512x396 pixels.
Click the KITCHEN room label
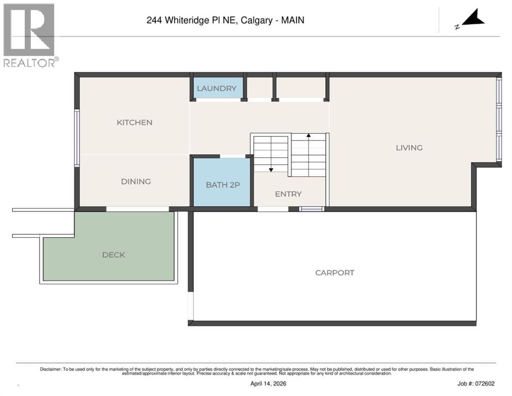tap(134, 122)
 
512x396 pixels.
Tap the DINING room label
tap(135, 181)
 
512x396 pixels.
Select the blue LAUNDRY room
tap(216, 88)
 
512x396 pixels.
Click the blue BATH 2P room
tap(223, 185)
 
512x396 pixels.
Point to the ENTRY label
tap(288, 194)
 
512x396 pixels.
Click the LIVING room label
tap(409, 147)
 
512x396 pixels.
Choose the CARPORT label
tap(334, 273)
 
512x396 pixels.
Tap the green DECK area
tap(113, 255)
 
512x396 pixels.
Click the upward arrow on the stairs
tap(309, 136)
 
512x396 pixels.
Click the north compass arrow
tap(472, 19)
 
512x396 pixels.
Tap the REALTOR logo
tap(29, 35)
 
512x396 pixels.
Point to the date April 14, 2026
tap(268, 384)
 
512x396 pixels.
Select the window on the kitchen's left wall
tap(77, 137)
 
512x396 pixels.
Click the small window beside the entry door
tap(312, 209)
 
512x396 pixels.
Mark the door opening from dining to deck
tap(138, 209)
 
